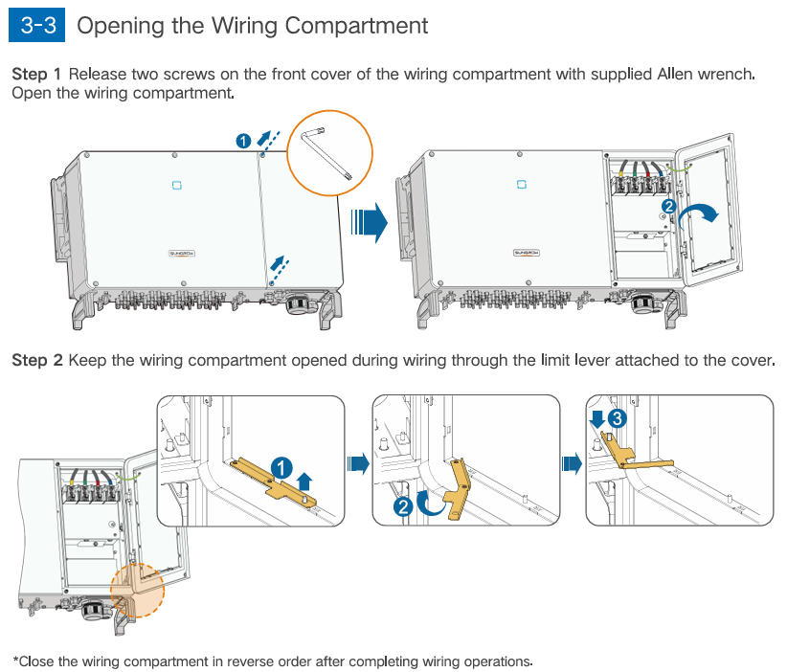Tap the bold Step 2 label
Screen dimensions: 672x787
pos(36,361)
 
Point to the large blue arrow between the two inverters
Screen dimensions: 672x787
pos(369,222)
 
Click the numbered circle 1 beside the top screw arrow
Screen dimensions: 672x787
pos(244,142)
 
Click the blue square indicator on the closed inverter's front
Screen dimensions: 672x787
pos(175,184)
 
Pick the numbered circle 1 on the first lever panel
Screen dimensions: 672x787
pos(281,466)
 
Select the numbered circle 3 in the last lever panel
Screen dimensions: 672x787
pos(618,418)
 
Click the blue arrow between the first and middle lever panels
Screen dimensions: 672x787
pos(358,464)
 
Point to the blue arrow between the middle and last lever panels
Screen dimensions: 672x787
pos(572,464)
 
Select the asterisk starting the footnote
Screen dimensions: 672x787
pos(15,661)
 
